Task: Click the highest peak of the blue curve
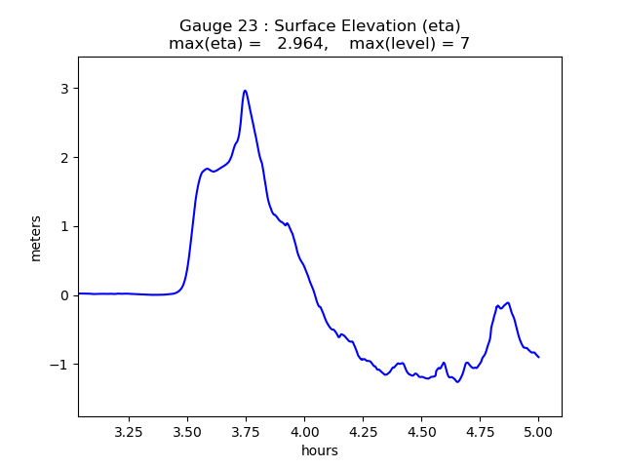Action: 245,91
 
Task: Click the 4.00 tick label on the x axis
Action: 304,430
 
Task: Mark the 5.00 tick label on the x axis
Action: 538,430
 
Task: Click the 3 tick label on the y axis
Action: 65,89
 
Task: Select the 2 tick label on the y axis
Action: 65,158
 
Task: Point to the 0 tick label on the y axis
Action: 65,295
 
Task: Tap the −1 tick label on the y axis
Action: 61,365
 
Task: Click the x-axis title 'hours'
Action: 320,450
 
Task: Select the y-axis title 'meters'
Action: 36,238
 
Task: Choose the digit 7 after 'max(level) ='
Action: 465,44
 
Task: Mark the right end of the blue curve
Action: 538,357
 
